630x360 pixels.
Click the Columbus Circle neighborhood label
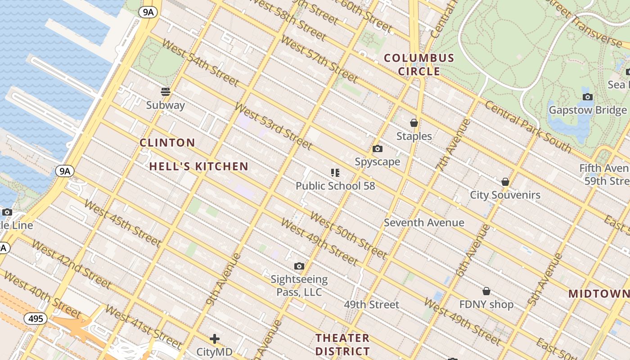[x=419, y=64]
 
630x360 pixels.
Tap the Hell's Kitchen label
[x=198, y=166]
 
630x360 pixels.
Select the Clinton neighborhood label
[x=167, y=143]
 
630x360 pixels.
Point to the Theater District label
[x=342, y=344]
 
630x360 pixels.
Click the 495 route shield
[x=35, y=319]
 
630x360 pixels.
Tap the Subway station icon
[x=166, y=92]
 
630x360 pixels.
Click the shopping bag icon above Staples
[x=414, y=123]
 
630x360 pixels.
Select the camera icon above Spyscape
[x=378, y=149]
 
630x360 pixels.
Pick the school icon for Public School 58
[x=335, y=172]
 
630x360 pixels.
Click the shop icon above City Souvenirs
[x=505, y=182]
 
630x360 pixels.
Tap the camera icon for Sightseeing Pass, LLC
[x=299, y=266]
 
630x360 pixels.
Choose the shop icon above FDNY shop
[x=486, y=291]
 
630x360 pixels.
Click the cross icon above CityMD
[x=215, y=338]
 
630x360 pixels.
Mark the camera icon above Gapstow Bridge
[x=587, y=97]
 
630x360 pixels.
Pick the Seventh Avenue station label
[x=424, y=223]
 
